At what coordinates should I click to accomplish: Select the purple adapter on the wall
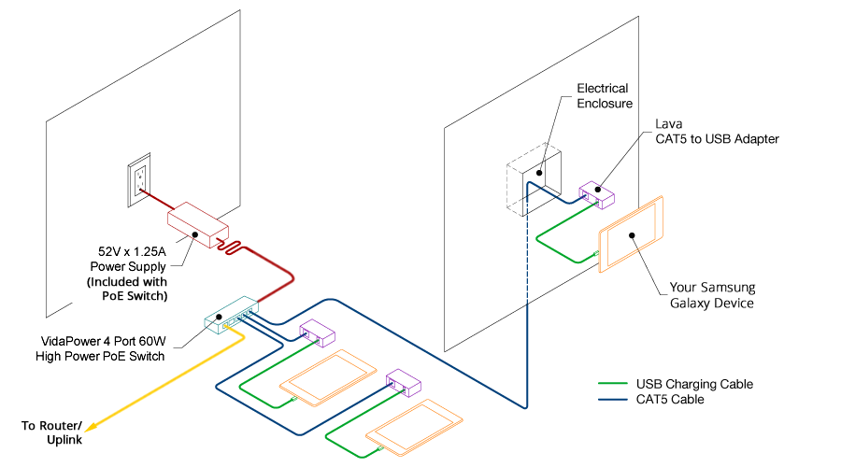(x=595, y=195)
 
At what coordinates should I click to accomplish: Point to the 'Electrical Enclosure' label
(x=603, y=96)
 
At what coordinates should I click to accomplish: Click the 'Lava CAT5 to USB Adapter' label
(x=716, y=131)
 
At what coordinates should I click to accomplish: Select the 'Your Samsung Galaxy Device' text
(x=712, y=295)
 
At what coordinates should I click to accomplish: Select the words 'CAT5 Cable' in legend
(x=670, y=400)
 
